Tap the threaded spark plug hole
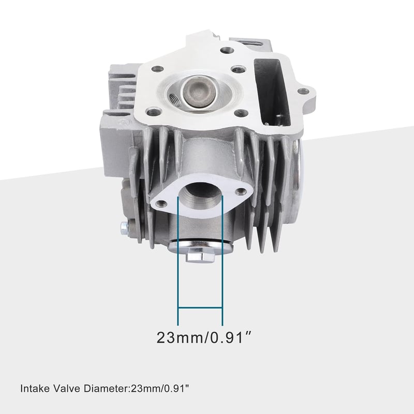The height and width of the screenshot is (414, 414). pos(174,100)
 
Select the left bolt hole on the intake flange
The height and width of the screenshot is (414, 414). pos(161,203)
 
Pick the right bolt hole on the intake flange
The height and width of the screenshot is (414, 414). pos(241,191)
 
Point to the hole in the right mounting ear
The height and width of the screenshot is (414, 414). pos(303,92)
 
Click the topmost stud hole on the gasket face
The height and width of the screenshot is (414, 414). pos(227,50)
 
